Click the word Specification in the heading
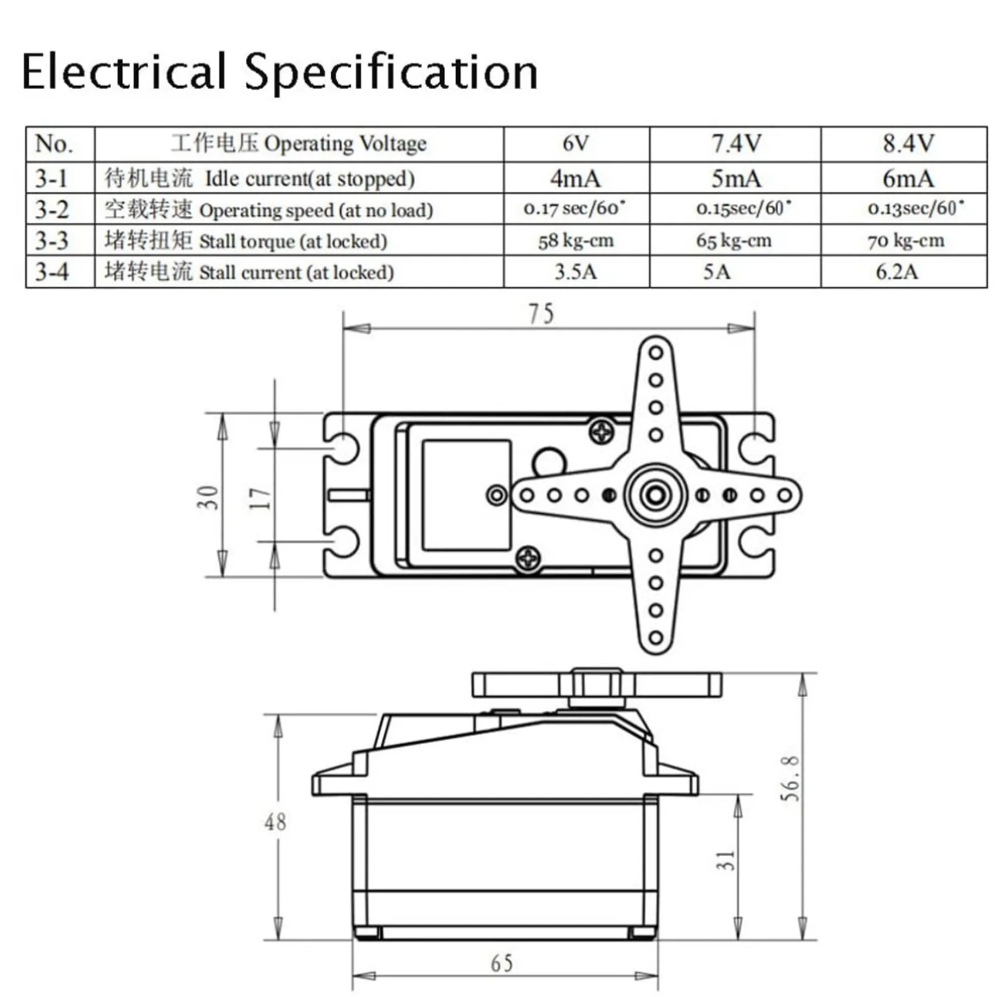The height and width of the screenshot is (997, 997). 391,73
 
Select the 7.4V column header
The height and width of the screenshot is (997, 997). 735,144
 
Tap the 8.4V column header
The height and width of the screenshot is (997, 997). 907,144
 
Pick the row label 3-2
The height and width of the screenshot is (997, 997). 52,210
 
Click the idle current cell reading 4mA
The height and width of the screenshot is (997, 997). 575,178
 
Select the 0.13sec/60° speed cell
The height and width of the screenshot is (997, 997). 915,208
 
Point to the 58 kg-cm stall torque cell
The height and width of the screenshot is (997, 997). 575,240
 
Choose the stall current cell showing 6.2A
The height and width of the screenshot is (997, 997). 896,272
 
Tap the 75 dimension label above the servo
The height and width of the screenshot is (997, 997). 541,314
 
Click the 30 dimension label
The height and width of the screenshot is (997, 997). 208,497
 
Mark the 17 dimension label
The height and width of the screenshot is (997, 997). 260,498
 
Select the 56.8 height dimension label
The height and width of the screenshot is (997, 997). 789,779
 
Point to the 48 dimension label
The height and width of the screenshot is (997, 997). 275,822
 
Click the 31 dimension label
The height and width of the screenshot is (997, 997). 726,860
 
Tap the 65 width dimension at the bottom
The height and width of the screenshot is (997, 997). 501,963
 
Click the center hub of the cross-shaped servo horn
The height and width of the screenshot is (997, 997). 655,495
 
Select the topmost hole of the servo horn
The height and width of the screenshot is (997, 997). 656,352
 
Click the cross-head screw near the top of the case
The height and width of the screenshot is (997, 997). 601,433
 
